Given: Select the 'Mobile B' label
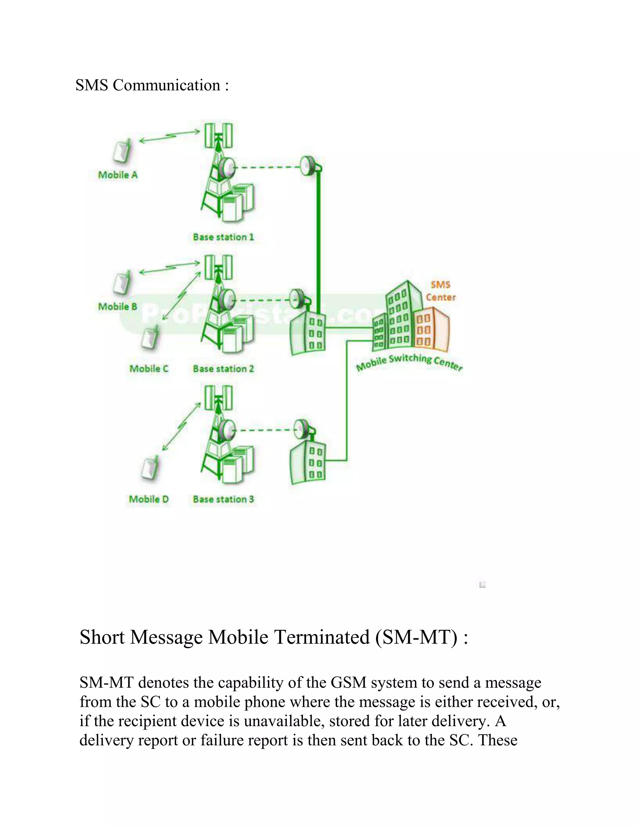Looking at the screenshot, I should (118, 306).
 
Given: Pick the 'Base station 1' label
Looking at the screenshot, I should (223, 237).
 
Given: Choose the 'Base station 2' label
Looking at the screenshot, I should (223, 369).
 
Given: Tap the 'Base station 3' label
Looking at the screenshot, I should (223, 499).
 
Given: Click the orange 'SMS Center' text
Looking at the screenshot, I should (441, 291).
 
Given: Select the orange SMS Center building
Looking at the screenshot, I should (432, 330).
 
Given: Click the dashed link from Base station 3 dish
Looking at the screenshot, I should (265, 430).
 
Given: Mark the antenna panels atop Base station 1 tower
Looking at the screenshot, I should (218, 135).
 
